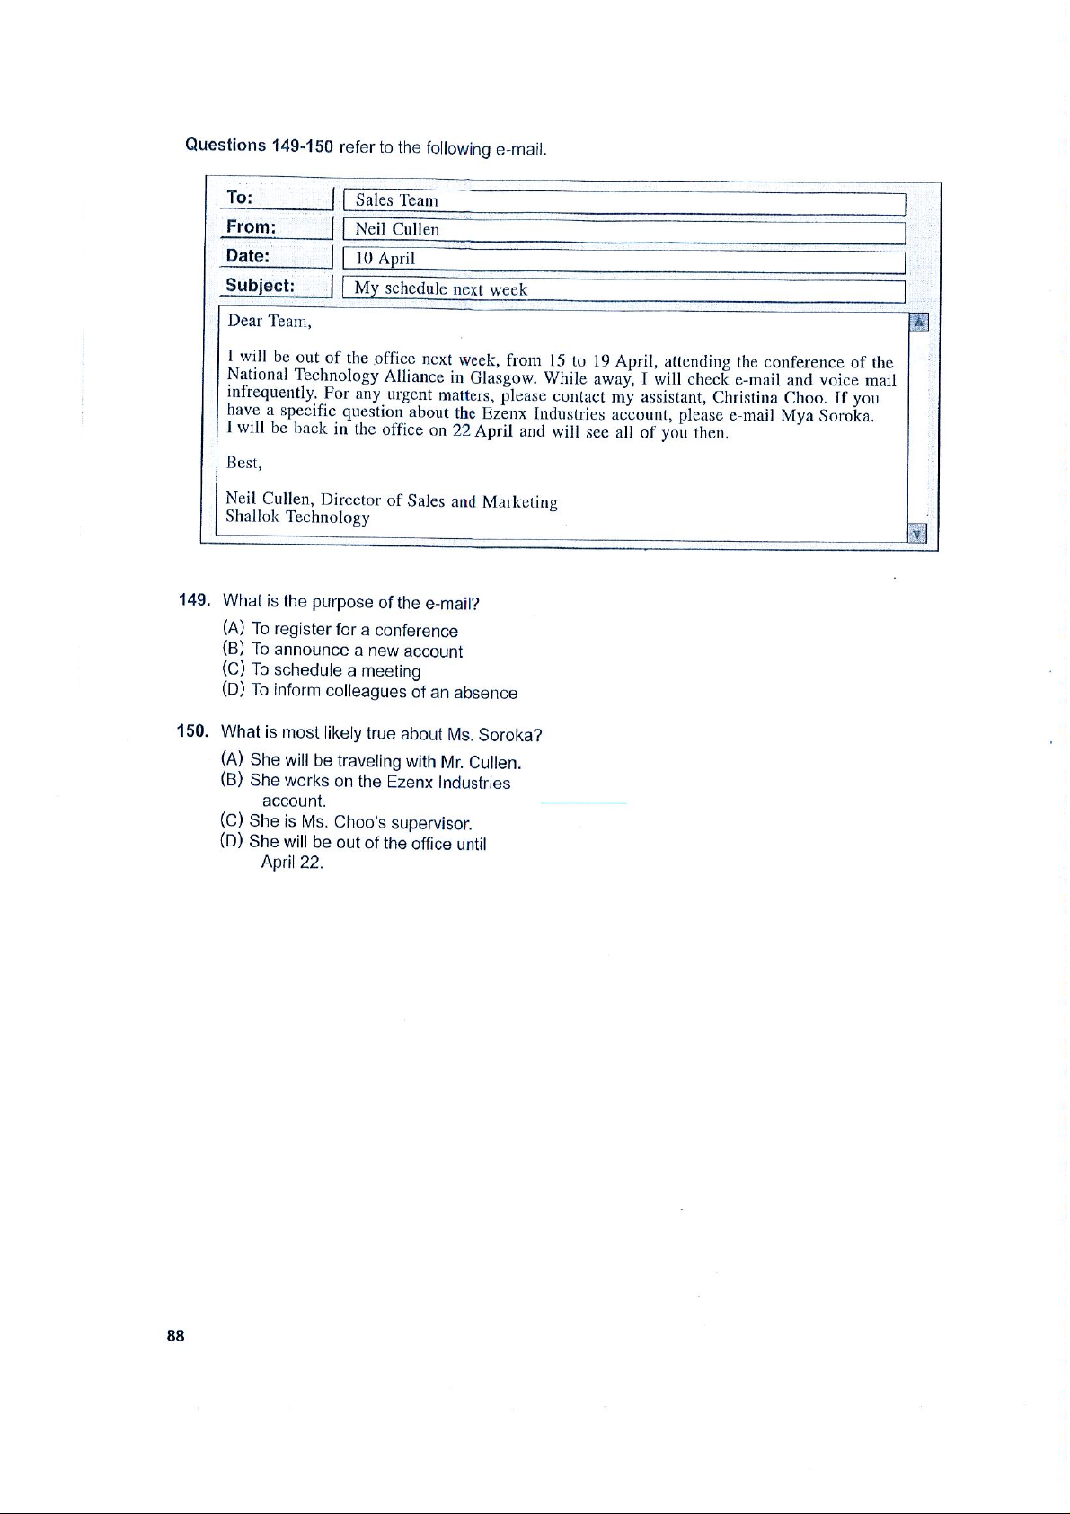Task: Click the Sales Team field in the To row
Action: [623, 201]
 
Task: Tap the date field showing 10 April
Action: [623, 260]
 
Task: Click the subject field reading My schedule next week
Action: [623, 289]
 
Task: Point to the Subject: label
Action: [260, 286]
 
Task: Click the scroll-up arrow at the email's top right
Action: [918, 323]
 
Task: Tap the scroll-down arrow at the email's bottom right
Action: [917, 534]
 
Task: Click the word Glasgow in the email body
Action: [503, 377]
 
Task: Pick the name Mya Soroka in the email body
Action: [827, 416]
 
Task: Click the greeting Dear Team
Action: [269, 322]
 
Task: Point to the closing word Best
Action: [243, 464]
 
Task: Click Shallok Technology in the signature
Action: [297, 518]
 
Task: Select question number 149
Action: [194, 599]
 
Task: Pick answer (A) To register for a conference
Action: [340, 630]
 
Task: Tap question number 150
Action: [192, 731]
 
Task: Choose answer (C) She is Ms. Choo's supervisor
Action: [346, 821]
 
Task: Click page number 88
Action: [175, 1336]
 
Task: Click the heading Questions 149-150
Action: [259, 146]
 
